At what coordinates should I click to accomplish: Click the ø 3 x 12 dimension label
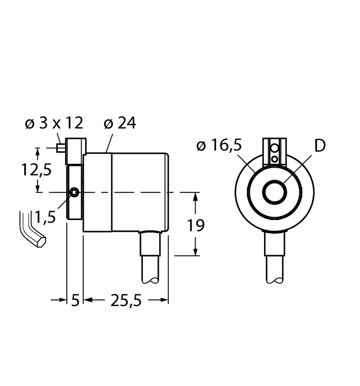[x=53, y=123]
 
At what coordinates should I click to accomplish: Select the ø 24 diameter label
[x=120, y=123]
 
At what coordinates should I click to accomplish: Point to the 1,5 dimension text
[x=45, y=218]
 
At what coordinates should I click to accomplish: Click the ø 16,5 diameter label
[x=219, y=146]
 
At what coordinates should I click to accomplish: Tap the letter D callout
[x=320, y=146]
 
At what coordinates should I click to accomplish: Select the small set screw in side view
[x=74, y=192]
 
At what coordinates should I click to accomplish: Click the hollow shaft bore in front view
[x=274, y=193]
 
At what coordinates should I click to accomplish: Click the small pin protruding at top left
[x=60, y=147]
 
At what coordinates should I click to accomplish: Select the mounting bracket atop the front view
[x=274, y=151]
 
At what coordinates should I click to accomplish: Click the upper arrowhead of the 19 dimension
[x=195, y=196]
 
